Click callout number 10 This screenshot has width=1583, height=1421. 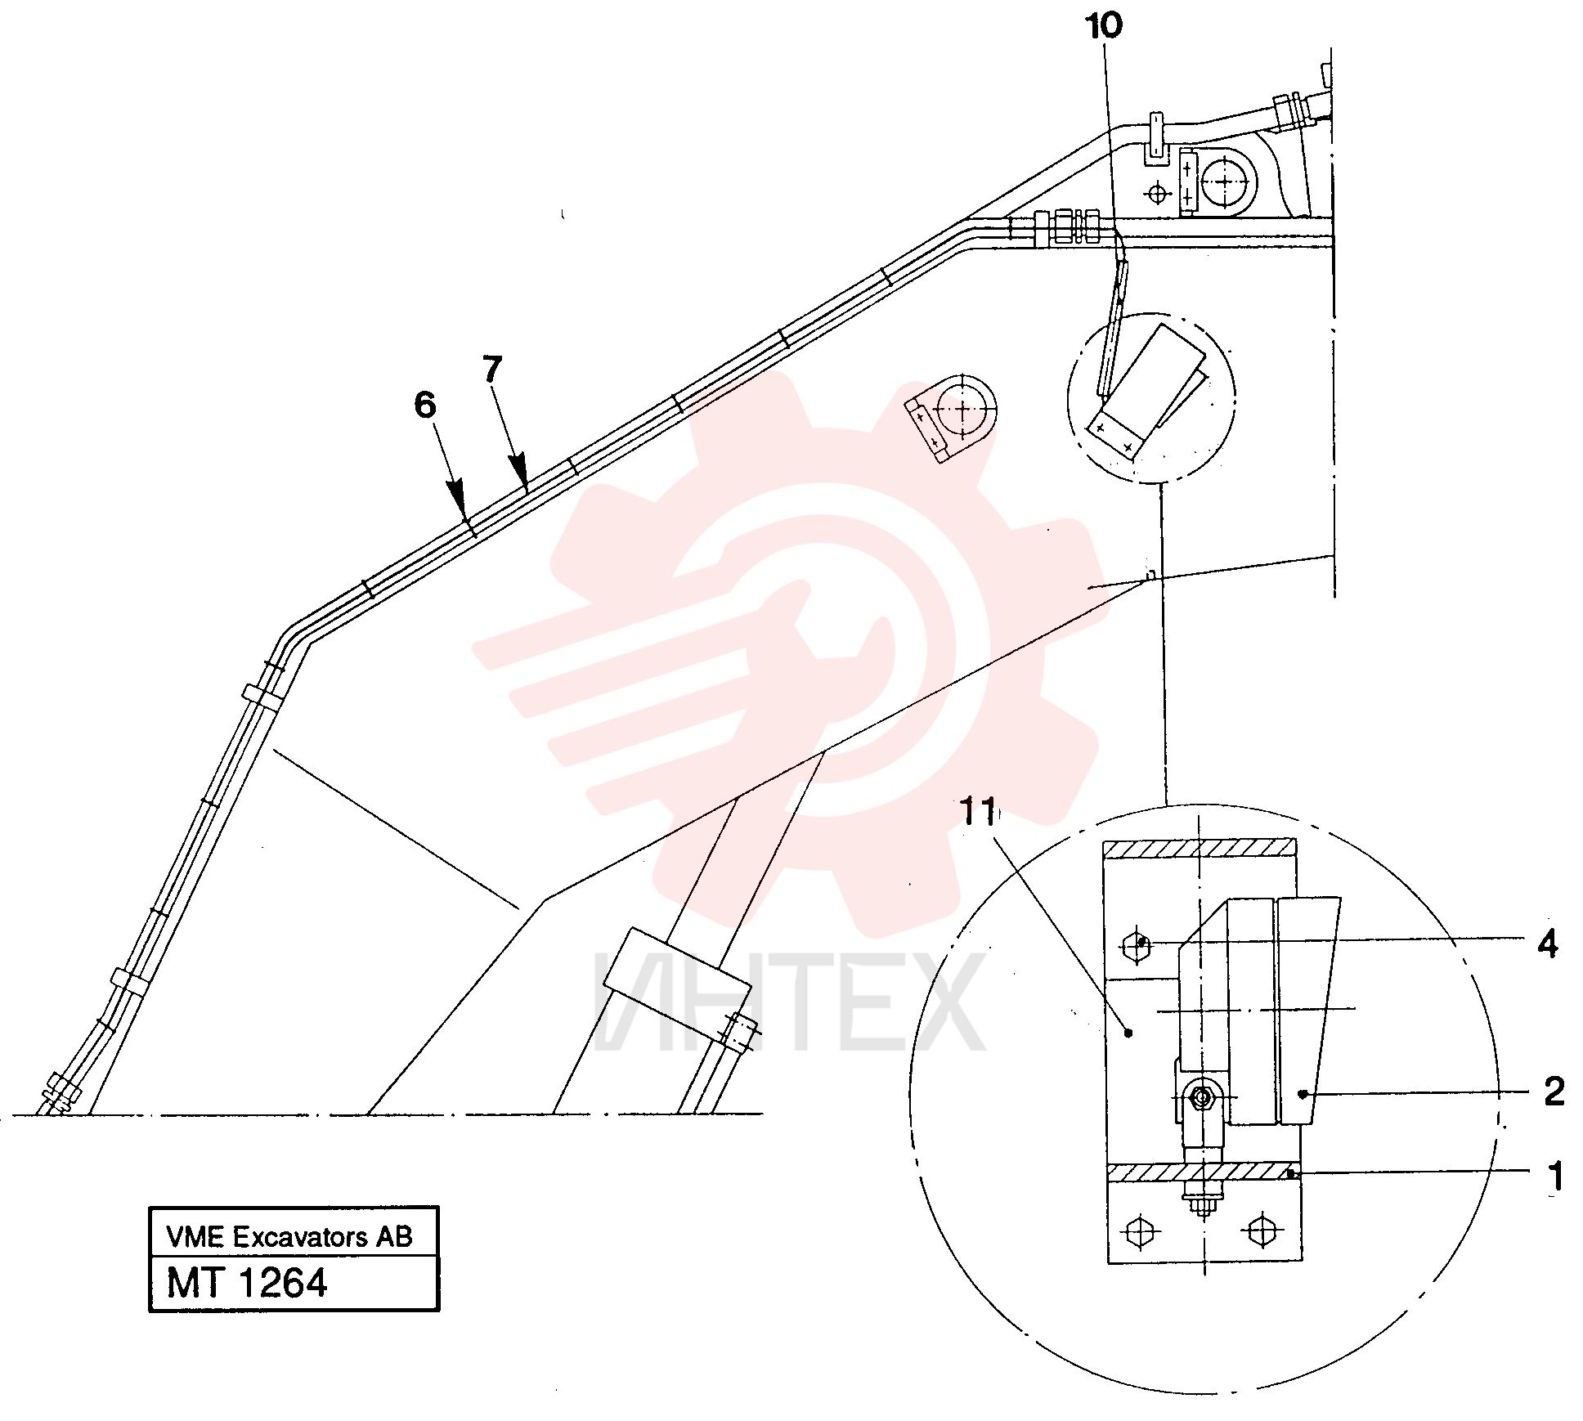(x=1103, y=25)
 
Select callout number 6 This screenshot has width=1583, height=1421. (x=425, y=405)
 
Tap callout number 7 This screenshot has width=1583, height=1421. (x=491, y=369)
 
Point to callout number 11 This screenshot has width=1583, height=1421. (x=978, y=811)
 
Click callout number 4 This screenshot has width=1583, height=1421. (x=1547, y=944)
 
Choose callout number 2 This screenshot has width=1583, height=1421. (x=1554, y=1091)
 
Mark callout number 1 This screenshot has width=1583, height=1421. (x=1555, y=1177)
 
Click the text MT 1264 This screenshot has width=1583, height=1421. (x=247, y=1282)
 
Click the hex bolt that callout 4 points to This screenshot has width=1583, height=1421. (x=1137, y=946)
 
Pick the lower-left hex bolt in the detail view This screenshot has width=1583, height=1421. (x=1139, y=1231)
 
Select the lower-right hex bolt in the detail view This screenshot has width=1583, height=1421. (x=1261, y=1230)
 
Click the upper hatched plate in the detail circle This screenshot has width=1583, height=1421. (x=1200, y=848)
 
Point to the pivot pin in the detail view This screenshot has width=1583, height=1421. (x=1201, y=1097)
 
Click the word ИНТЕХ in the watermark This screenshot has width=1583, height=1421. (x=789, y=1002)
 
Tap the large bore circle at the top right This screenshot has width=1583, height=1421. (x=1224, y=181)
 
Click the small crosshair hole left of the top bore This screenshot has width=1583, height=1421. (x=1158, y=195)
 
